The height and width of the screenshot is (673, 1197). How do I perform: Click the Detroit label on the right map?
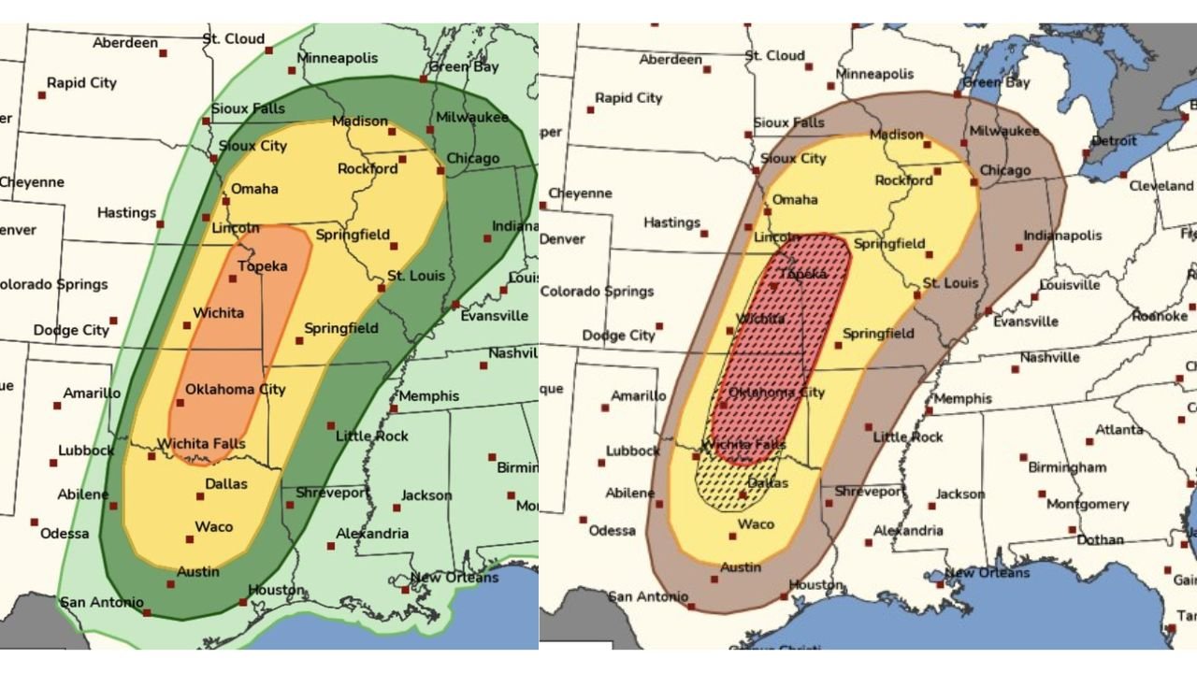tap(1113, 141)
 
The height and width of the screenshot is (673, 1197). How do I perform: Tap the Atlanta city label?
tap(1118, 430)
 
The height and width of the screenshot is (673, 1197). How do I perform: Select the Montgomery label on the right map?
tap(1088, 504)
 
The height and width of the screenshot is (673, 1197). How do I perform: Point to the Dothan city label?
tap(1101, 539)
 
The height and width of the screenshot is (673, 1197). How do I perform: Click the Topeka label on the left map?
tap(262, 266)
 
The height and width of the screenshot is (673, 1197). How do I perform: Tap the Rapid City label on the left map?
tap(81, 83)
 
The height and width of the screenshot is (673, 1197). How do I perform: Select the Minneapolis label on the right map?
tap(874, 74)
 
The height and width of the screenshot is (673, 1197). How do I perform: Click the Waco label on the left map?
tap(213, 527)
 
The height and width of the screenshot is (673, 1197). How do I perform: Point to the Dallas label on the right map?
tap(767, 483)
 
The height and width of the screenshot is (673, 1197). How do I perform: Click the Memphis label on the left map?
tap(428, 395)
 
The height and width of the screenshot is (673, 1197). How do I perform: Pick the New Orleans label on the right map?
tap(987, 572)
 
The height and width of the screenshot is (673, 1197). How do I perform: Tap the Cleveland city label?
tap(1161, 186)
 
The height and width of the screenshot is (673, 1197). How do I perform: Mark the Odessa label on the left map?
tap(65, 533)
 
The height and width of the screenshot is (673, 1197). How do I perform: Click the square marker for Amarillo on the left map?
tap(57, 406)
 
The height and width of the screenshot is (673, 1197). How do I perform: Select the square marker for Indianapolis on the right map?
tap(1018, 249)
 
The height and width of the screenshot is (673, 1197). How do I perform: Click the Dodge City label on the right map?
tap(618, 336)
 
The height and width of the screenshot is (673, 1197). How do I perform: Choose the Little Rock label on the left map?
tap(371, 437)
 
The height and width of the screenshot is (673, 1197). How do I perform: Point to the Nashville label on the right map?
tap(1049, 357)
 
